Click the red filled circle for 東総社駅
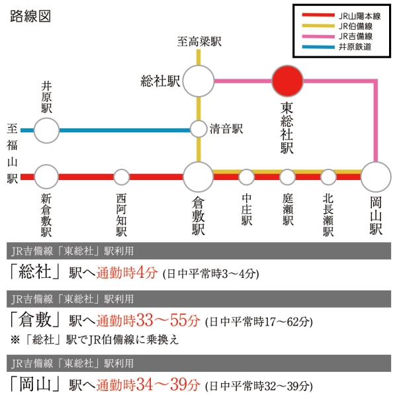(287, 81)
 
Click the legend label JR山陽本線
(359, 17)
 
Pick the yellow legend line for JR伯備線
(318, 26)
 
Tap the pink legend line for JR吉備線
(318, 36)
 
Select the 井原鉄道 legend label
(355, 47)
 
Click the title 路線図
(30, 17)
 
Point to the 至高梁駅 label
(199, 42)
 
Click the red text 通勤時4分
(127, 273)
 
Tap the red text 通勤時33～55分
(148, 320)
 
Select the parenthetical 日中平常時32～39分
(259, 386)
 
